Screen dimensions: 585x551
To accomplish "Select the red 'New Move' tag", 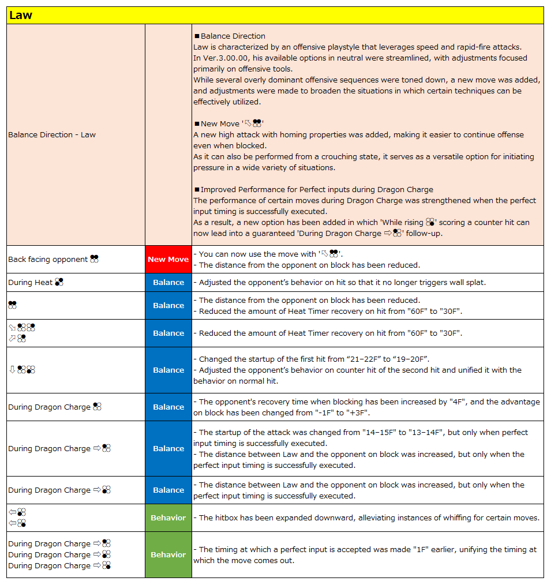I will click(x=168, y=260).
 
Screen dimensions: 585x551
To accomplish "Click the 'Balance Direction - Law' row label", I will click(x=52, y=135).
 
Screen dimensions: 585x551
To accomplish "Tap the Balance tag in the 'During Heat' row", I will click(x=168, y=283).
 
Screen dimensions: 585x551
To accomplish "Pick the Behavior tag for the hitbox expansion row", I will click(x=168, y=518).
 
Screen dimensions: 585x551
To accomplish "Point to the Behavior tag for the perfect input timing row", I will click(x=168, y=555).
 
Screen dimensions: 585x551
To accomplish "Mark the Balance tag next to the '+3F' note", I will click(x=168, y=407).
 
